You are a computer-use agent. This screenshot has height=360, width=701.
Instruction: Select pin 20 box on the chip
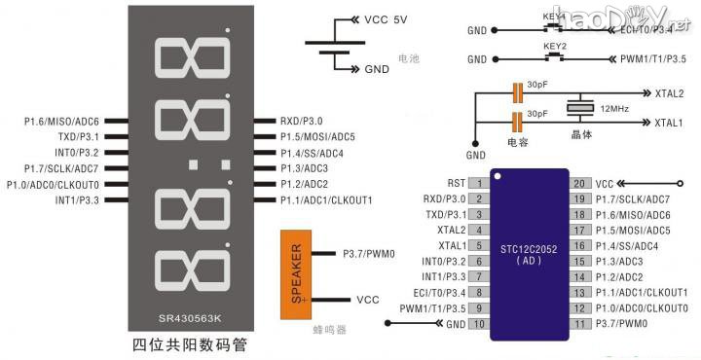(x=578, y=183)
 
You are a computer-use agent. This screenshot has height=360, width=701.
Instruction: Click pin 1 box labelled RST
(x=478, y=183)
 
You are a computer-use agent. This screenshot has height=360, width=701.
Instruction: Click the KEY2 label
(x=553, y=46)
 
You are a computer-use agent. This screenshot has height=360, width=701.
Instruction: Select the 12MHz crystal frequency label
(x=614, y=108)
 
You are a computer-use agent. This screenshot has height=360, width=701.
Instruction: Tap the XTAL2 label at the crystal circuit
(x=668, y=93)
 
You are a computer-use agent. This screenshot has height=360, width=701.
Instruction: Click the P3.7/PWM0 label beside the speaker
(x=369, y=254)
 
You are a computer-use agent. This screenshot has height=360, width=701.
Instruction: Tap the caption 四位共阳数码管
(x=190, y=343)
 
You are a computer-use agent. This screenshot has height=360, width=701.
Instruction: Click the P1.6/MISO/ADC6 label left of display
(x=61, y=122)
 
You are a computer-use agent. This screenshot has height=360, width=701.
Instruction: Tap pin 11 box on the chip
(x=578, y=323)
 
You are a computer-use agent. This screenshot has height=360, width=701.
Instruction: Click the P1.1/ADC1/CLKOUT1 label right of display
(x=326, y=200)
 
